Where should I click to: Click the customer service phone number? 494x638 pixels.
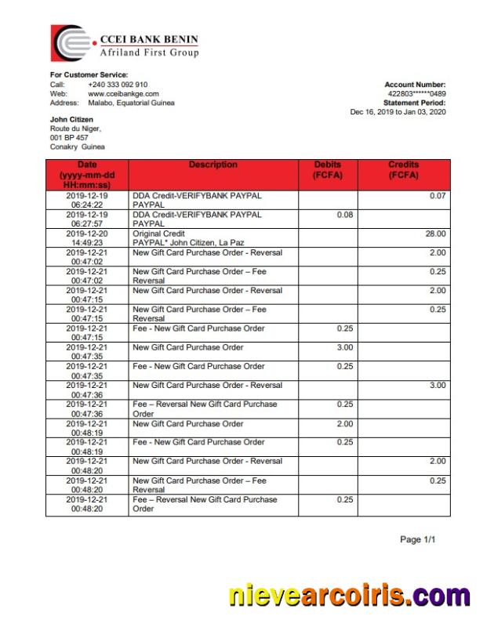[x=118, y=84]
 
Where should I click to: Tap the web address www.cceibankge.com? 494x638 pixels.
[x=123, y=93]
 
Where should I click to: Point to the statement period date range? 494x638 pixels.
[x=398, y=112]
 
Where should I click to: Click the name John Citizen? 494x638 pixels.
[x=71, y=119]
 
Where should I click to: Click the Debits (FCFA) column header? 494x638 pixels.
[x=328, y=169]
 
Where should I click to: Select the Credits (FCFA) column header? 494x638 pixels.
[x=404, y=169]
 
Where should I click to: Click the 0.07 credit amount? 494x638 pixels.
[x=438, y=195]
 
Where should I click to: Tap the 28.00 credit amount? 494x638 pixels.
[x=435, y=234]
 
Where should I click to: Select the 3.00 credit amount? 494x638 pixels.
[x=438, y=385]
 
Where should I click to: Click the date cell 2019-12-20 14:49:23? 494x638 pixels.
[x=87, y=238]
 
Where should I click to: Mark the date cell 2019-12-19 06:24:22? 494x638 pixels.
[x=87, y=200]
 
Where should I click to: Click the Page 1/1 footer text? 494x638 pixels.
[x=417, y=540]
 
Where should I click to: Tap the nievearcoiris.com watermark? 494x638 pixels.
[x=349, y=596]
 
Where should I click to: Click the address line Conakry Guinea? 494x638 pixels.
[x=77, y=147]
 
